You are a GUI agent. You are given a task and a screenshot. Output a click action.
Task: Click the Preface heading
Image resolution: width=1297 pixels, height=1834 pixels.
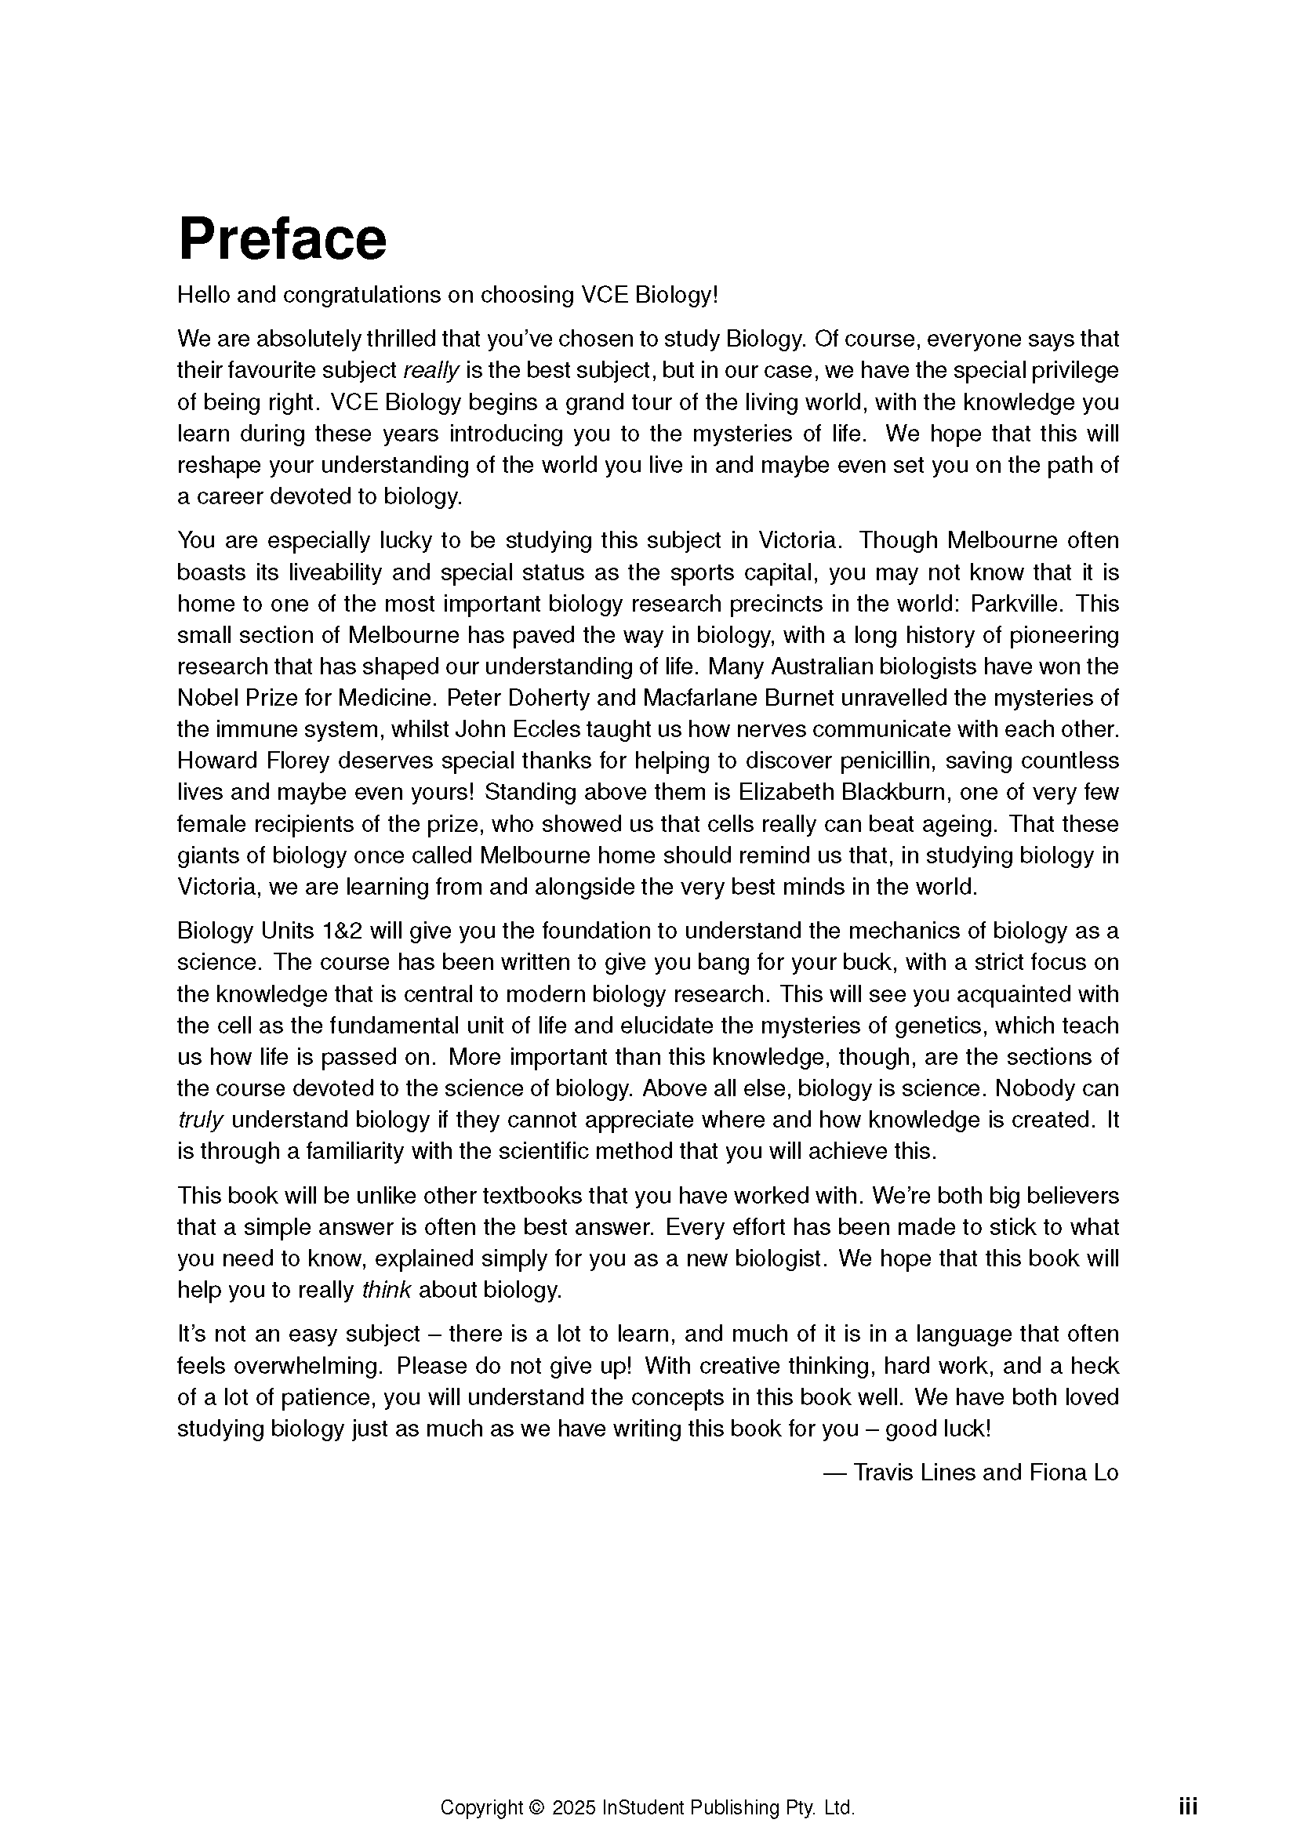282,239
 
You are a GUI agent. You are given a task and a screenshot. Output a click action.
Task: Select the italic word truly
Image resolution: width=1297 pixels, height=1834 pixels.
201,1120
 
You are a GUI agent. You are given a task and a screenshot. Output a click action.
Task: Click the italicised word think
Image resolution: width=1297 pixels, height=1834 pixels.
387,1290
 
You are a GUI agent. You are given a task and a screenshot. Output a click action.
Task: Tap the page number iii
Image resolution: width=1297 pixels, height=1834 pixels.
1187,1785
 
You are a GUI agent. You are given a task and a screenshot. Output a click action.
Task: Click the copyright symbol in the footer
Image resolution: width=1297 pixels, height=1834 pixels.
536,1785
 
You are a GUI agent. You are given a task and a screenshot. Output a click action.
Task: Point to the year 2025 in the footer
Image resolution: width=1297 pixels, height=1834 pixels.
573,1785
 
